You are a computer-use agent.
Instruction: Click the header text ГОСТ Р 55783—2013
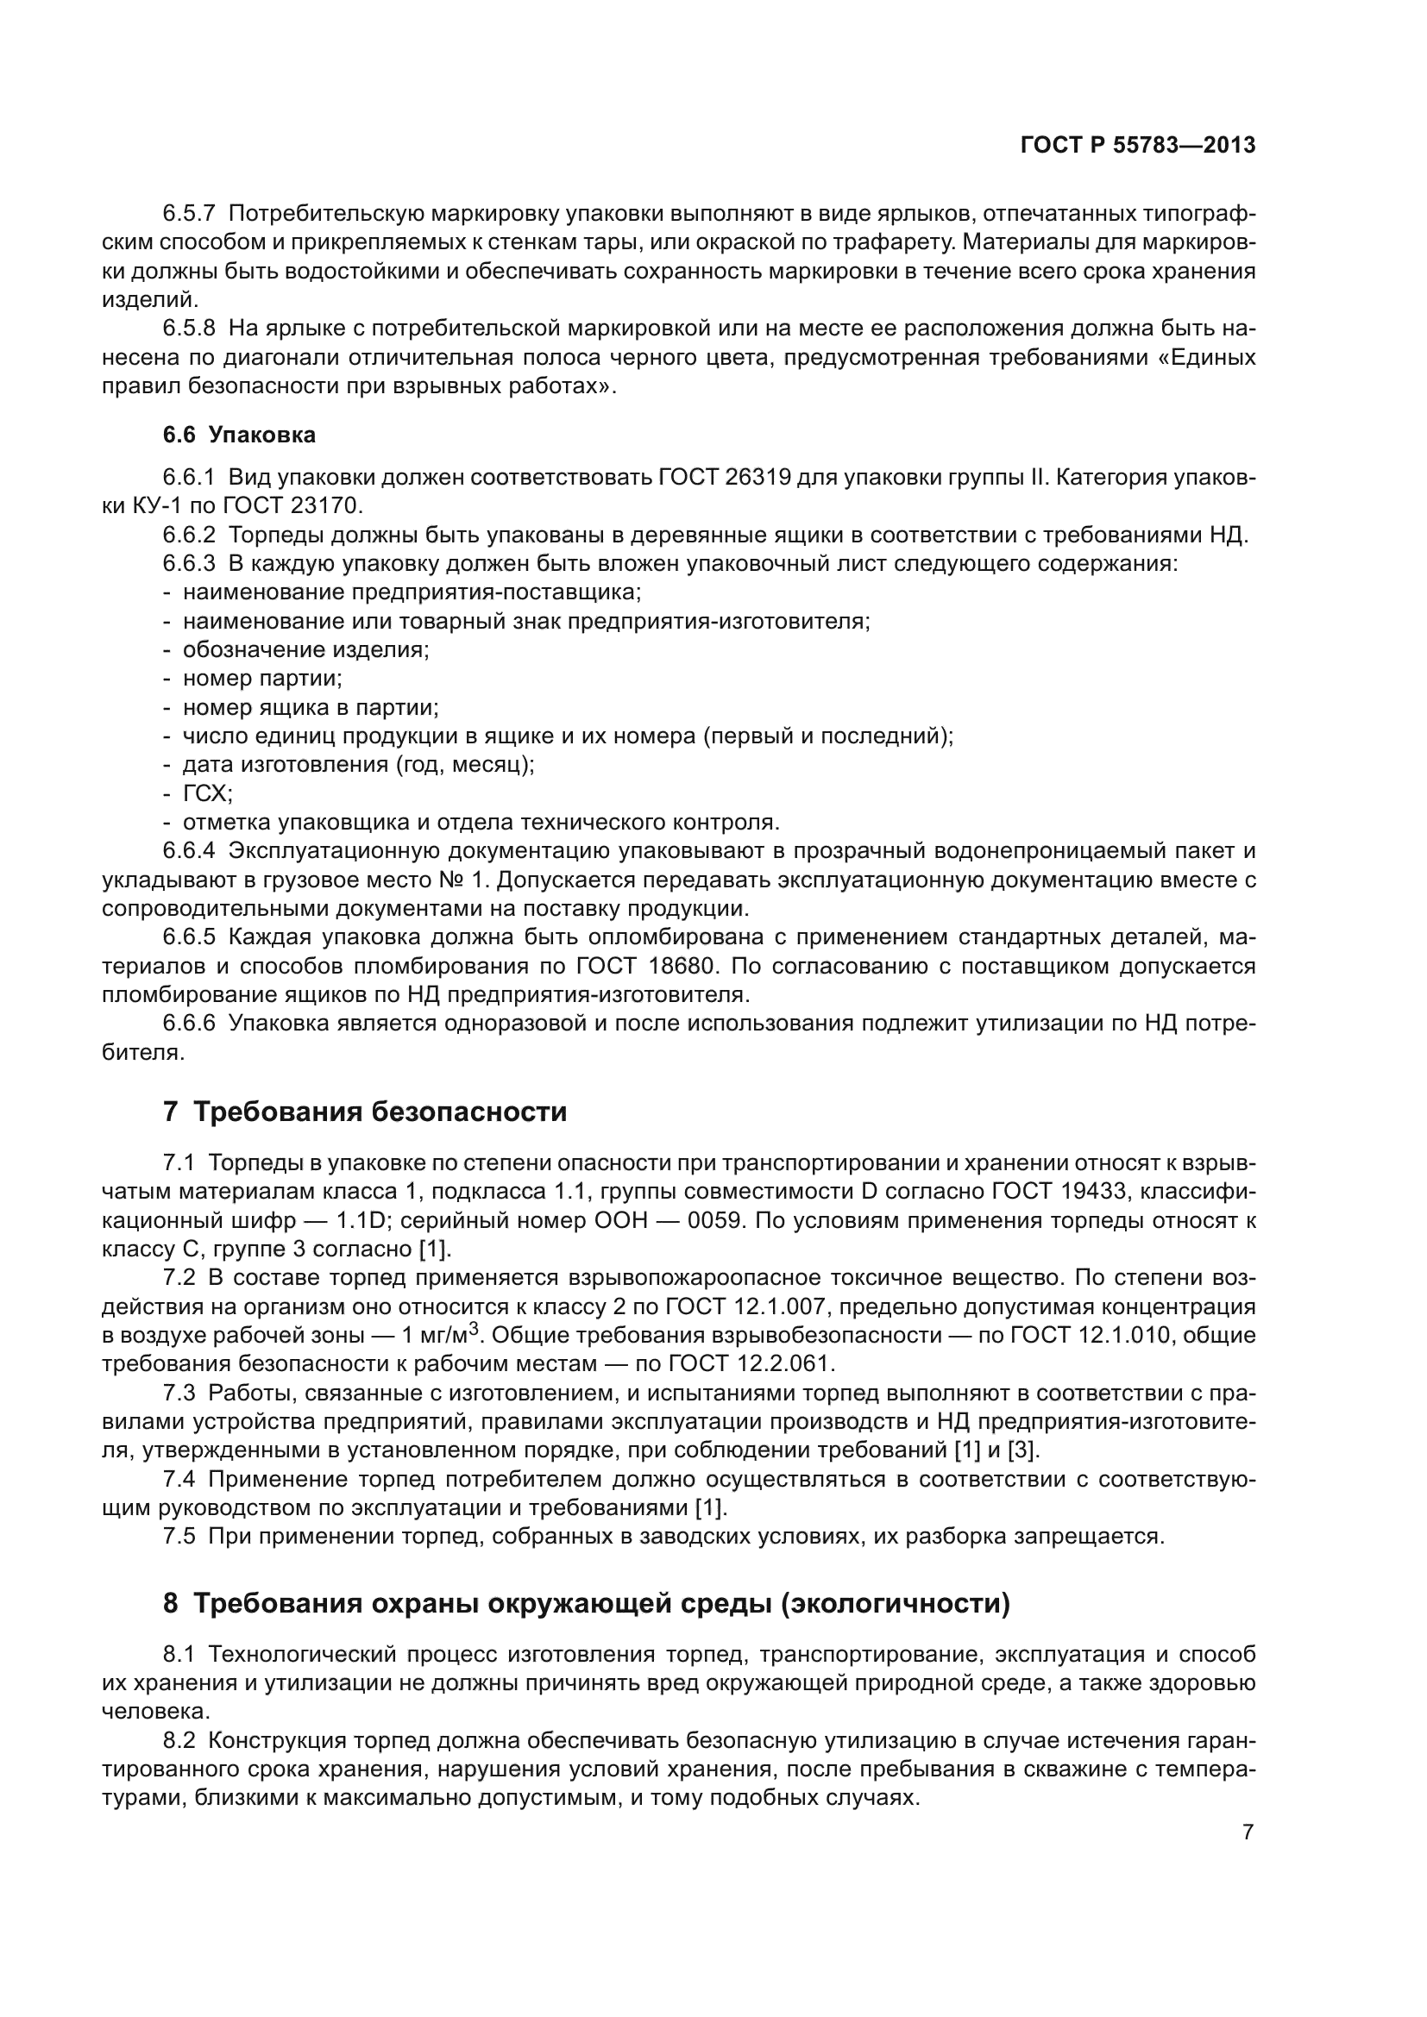pyautogui.click(x=1138, y=146)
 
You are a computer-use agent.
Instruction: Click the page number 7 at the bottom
pyautogui.click(x=1248, y=1832)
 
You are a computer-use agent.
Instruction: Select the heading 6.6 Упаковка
pyautogui.click(x=239, y=435)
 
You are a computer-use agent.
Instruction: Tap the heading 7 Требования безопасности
pyautogui.click(x=365, y=1112)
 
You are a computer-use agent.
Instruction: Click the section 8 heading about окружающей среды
pyautogui.click(x=586, y=1604)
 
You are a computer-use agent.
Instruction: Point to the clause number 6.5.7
pyautogui.click(x=189, y=214)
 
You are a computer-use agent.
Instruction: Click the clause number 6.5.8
pyautogui.click(x=189, y=329)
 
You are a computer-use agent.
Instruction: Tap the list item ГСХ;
pyautogui.click(x=207, y=793)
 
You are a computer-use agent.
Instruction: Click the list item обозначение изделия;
pyautogui.click(x=305, y=650)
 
